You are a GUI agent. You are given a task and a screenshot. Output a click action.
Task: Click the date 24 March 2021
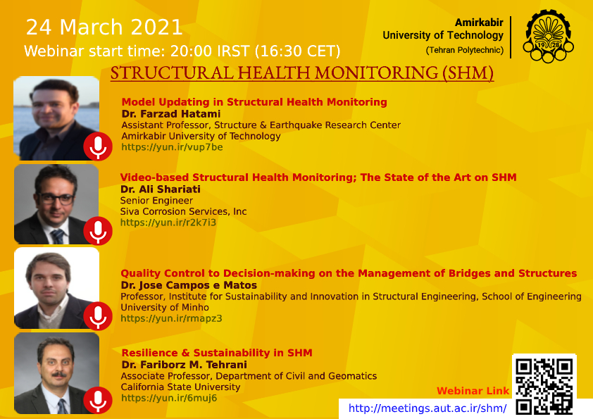(x=104, y=27)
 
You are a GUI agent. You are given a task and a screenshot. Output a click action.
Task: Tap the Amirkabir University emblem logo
(x=548, y=36)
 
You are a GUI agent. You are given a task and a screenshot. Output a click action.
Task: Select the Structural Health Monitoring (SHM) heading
(x=302, y=73)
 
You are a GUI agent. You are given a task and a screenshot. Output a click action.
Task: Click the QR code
(x=544, y=385)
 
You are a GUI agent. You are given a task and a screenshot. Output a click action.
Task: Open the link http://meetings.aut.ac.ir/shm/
(x=427, y=408)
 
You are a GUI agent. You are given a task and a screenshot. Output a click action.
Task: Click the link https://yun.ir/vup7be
(x=172, y=147)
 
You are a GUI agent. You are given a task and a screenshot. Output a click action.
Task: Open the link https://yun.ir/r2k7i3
(x=168, y=223)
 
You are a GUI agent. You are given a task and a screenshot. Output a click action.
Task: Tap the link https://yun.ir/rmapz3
(x=171, y=318)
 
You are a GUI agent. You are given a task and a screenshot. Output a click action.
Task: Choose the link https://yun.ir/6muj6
(x=169, y=398)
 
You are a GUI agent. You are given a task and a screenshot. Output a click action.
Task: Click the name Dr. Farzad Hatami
(x=171, y=114)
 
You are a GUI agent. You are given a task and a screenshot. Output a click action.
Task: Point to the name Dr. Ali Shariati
(x=161, y=189)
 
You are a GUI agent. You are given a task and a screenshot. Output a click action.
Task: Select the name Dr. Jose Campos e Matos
(x=189, y=285)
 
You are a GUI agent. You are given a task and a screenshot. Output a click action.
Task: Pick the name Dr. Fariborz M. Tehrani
(x=185, y=365)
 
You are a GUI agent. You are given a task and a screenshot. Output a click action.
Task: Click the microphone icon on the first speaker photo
(x=98, y=146)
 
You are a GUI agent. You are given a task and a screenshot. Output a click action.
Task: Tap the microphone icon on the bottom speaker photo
(x=98, y=401)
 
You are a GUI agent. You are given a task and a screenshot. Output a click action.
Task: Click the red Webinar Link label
(x=473, y=391)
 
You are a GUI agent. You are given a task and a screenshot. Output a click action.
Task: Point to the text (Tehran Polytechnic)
(x=464, y=50)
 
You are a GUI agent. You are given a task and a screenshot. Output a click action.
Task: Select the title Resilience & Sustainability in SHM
(x=217, y=353)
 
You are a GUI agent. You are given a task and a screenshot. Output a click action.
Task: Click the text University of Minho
(x=165, y=308)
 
